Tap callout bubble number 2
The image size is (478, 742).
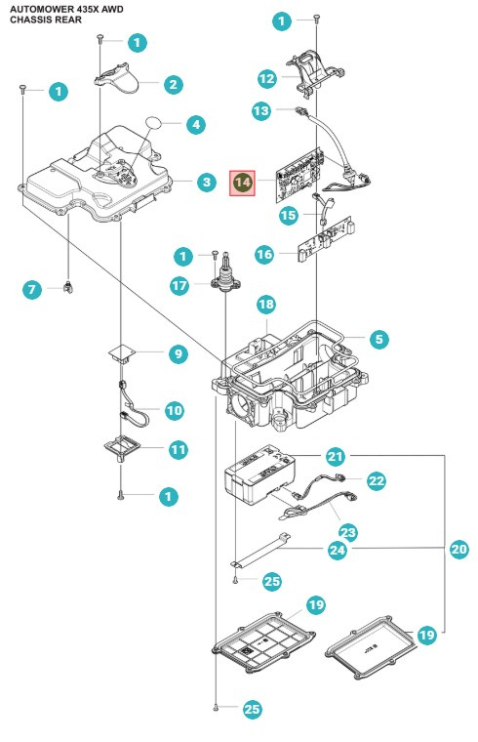pyautogui.click(x=173, y=85)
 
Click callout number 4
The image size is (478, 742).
pyautogui.click(x=196, y=125)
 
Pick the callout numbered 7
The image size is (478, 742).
pyautogui.click(x=31, y=289)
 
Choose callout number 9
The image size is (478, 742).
pyautogui.click(x=178, y=354)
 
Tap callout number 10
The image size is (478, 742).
pyautogui.click(x=174, y=411)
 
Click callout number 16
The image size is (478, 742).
pyautogui.click(x=264, y=254)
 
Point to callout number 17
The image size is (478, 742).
pyautogui.click(x=179, y=286)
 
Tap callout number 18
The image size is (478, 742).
pyautogui.click(x=266, y=306)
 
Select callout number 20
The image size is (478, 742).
pyautogui.click(x=458, y=550)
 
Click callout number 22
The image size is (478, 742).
pyautogui.click(x=377, y=480)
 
